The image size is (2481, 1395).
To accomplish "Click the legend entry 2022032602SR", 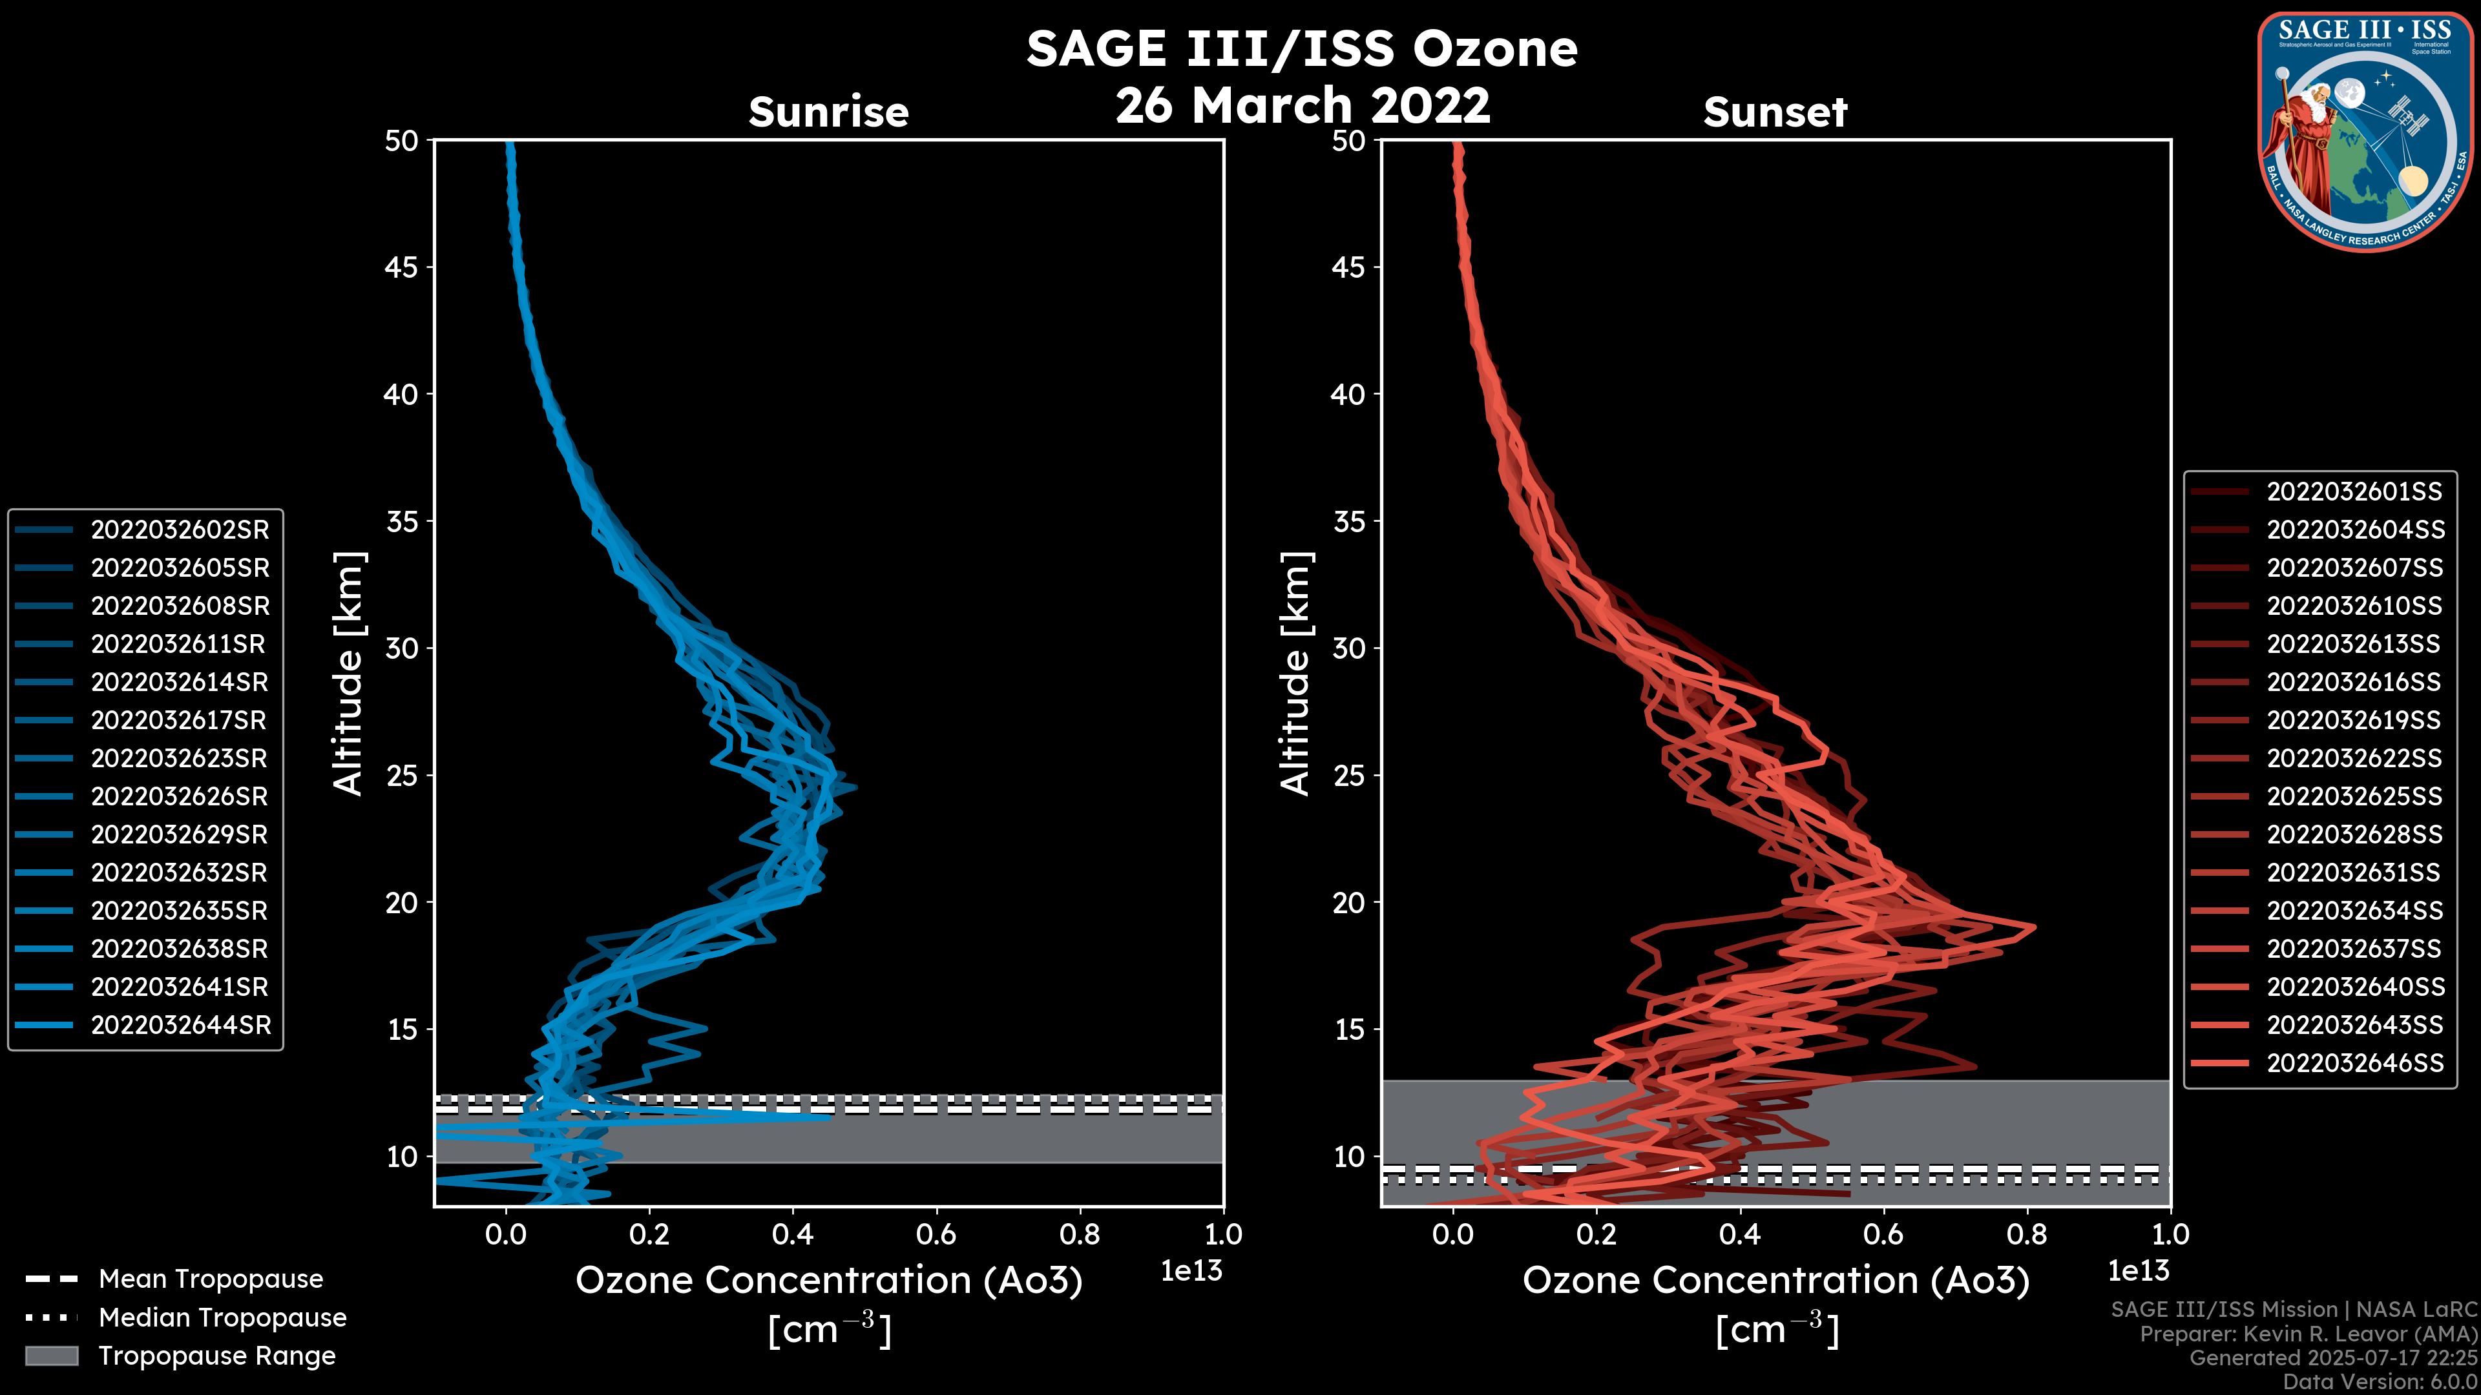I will (x=179, y=530).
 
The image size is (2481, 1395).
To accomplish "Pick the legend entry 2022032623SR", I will (x=178, y=759).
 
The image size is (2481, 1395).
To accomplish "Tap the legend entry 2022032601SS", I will (x=2354, y=492).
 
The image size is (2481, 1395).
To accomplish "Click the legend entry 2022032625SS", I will (x=2354, y=797).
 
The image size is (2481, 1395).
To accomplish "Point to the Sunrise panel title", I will (x=828, y=112).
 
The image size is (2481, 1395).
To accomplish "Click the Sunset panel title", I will (x=1775, y=112).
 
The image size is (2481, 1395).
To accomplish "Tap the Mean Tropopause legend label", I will (x=211, y=1279).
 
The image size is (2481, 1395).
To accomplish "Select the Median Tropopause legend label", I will (x=222, y=1318).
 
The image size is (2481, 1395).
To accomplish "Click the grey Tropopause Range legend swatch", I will (x=51, y=1356).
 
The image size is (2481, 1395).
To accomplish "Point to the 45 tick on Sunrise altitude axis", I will (x=402, y=267).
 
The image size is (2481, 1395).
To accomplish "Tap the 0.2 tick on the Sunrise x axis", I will (x=649, y=1234).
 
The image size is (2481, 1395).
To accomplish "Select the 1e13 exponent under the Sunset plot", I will (x=2138, y=1271).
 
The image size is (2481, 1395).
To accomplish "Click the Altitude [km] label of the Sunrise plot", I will (x=348, y=674).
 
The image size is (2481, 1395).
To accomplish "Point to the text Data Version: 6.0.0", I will (x=2380, y=1383).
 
